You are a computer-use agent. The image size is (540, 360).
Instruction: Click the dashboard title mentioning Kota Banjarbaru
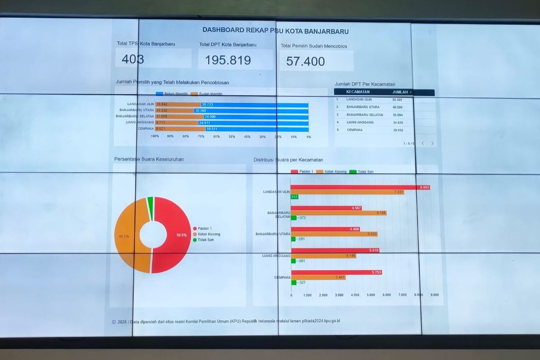[275, 31]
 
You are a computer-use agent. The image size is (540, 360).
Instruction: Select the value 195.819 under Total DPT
[228, 60]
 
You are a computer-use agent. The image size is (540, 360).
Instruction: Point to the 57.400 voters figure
[305, 61]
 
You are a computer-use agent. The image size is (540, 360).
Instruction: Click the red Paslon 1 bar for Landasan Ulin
[360, 187]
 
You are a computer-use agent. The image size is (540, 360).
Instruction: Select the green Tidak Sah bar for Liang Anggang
[293, 261]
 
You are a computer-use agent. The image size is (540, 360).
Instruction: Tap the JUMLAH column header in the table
[402, 92]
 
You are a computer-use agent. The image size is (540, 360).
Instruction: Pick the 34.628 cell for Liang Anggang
[397, 122]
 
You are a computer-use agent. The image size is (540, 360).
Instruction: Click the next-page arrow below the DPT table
[432, 144]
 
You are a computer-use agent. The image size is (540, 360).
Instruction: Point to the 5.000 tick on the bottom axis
[371, 295]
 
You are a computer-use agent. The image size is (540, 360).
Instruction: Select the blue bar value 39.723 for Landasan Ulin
[207, 104]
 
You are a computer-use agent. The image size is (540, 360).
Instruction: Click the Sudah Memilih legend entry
[207, 94]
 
